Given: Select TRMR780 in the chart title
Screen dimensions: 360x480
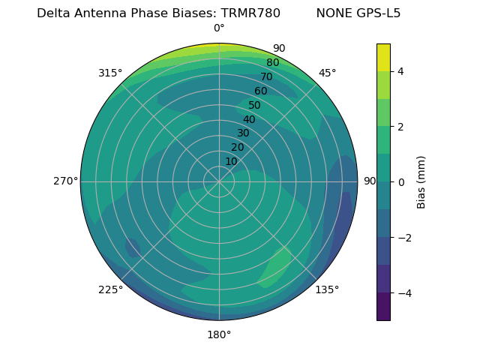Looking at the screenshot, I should click(x=250, y=13).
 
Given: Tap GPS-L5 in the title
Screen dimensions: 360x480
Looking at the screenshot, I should click(x=378, y=13).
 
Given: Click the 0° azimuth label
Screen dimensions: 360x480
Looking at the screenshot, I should click(x=219, y=28).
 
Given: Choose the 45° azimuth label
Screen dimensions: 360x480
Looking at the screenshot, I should click(x=327, y=73).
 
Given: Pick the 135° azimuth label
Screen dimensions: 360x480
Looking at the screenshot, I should click(x=327, y=289).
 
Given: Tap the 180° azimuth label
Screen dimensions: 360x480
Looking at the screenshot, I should click(x=219, y=334).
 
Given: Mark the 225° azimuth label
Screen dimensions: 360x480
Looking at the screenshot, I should click(x=110, y=289).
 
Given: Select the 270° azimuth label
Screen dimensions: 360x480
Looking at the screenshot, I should click(x=66, y=181).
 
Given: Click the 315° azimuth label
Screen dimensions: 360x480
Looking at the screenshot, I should click(x=110, y=73).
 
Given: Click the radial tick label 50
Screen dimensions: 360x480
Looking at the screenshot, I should click(x=255, y=106).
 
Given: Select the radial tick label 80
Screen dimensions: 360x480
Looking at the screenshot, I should click(x=272, y=63).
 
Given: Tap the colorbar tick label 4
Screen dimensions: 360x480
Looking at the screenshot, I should click(x=401, y=71).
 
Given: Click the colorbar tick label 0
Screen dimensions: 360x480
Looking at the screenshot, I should click(x=401, y=182).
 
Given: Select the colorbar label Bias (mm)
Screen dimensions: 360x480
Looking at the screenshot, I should click(x=421, y=181).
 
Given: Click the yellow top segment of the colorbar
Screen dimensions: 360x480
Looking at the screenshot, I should click(x=383, y=57).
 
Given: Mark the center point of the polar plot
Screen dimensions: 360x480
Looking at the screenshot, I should click(x=219, y=181).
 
